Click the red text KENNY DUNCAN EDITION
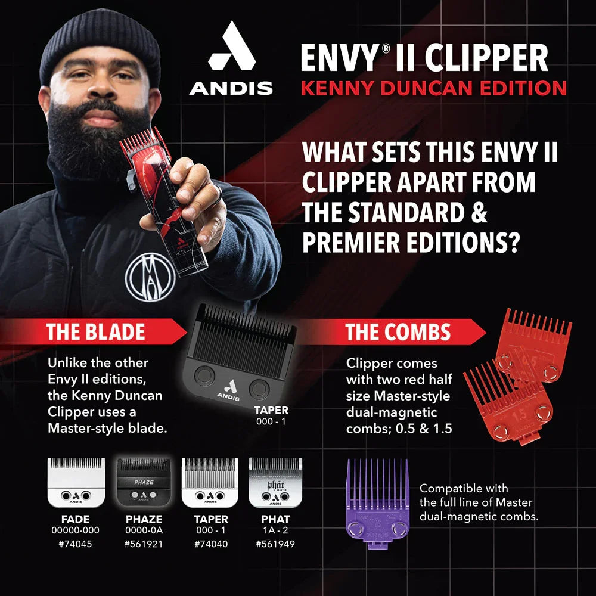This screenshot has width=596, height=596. click(433, 88)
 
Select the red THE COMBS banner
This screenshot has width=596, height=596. click(399, 332)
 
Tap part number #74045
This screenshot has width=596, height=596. click(76, 543)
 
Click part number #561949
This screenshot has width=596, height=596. click(275, 543)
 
